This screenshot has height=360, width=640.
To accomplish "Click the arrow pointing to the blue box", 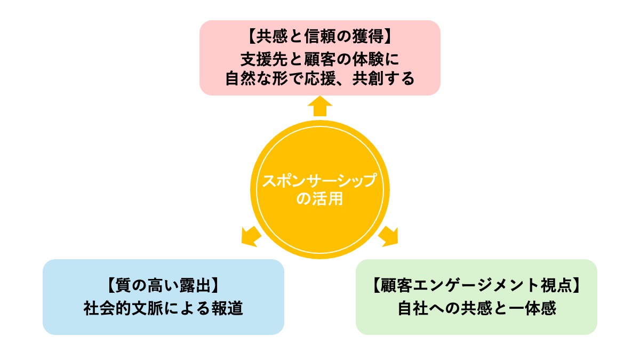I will tap(250, 236).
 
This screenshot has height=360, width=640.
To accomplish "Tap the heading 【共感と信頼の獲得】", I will tap(320, 38).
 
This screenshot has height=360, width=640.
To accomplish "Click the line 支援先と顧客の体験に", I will tap(320, 58).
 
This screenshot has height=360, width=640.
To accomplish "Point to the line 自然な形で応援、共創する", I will tap(320, 78).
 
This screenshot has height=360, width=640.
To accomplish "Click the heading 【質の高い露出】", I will tap(163, 286).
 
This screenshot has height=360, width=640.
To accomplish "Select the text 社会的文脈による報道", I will tap(163, 308).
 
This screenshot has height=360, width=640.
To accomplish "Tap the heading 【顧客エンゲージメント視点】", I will tap(476, 286).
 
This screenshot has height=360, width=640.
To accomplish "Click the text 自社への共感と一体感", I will tap(476, 308).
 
